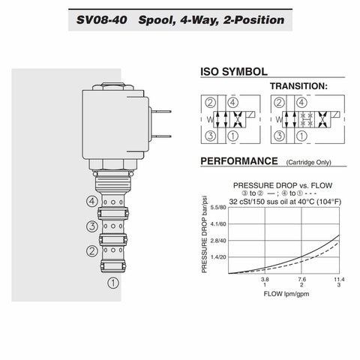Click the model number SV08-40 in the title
101,20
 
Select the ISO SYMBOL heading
234,72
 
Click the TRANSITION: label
298,86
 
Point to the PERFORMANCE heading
239,161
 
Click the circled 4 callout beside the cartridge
92,201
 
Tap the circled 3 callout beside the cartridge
92,226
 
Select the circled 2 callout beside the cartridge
92,250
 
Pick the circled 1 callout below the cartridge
113,283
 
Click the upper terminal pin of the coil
162,112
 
